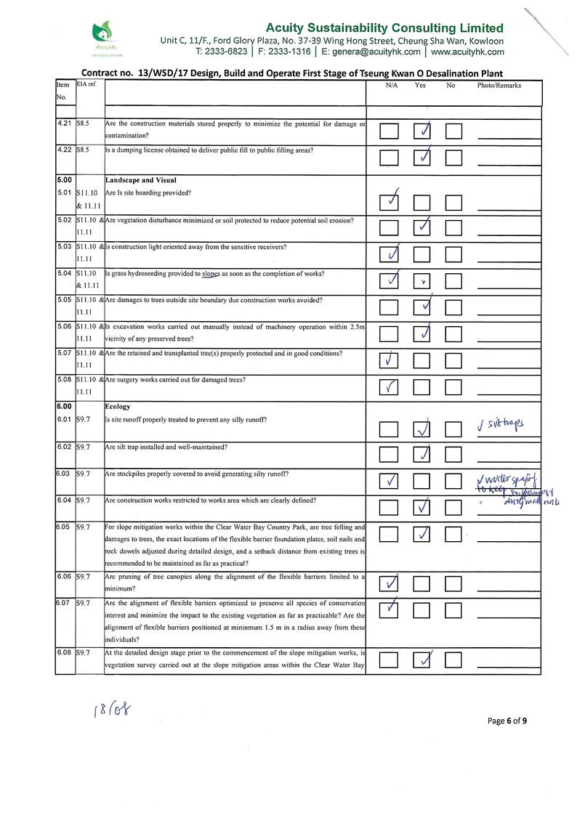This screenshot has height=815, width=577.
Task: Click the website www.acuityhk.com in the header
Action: click(x=467, y=52)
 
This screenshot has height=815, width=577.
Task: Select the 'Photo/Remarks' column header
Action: click(x=499, y=86)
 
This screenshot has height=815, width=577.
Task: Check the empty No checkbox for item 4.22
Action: click(x=454, y=158)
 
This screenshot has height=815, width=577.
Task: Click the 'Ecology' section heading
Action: click(x=118, y=407)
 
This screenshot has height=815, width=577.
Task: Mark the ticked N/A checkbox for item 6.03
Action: click(x=390, y=481)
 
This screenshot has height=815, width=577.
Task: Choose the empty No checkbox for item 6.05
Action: click(x=454, y=536)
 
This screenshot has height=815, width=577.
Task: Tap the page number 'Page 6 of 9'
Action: click(x=507, y=721)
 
